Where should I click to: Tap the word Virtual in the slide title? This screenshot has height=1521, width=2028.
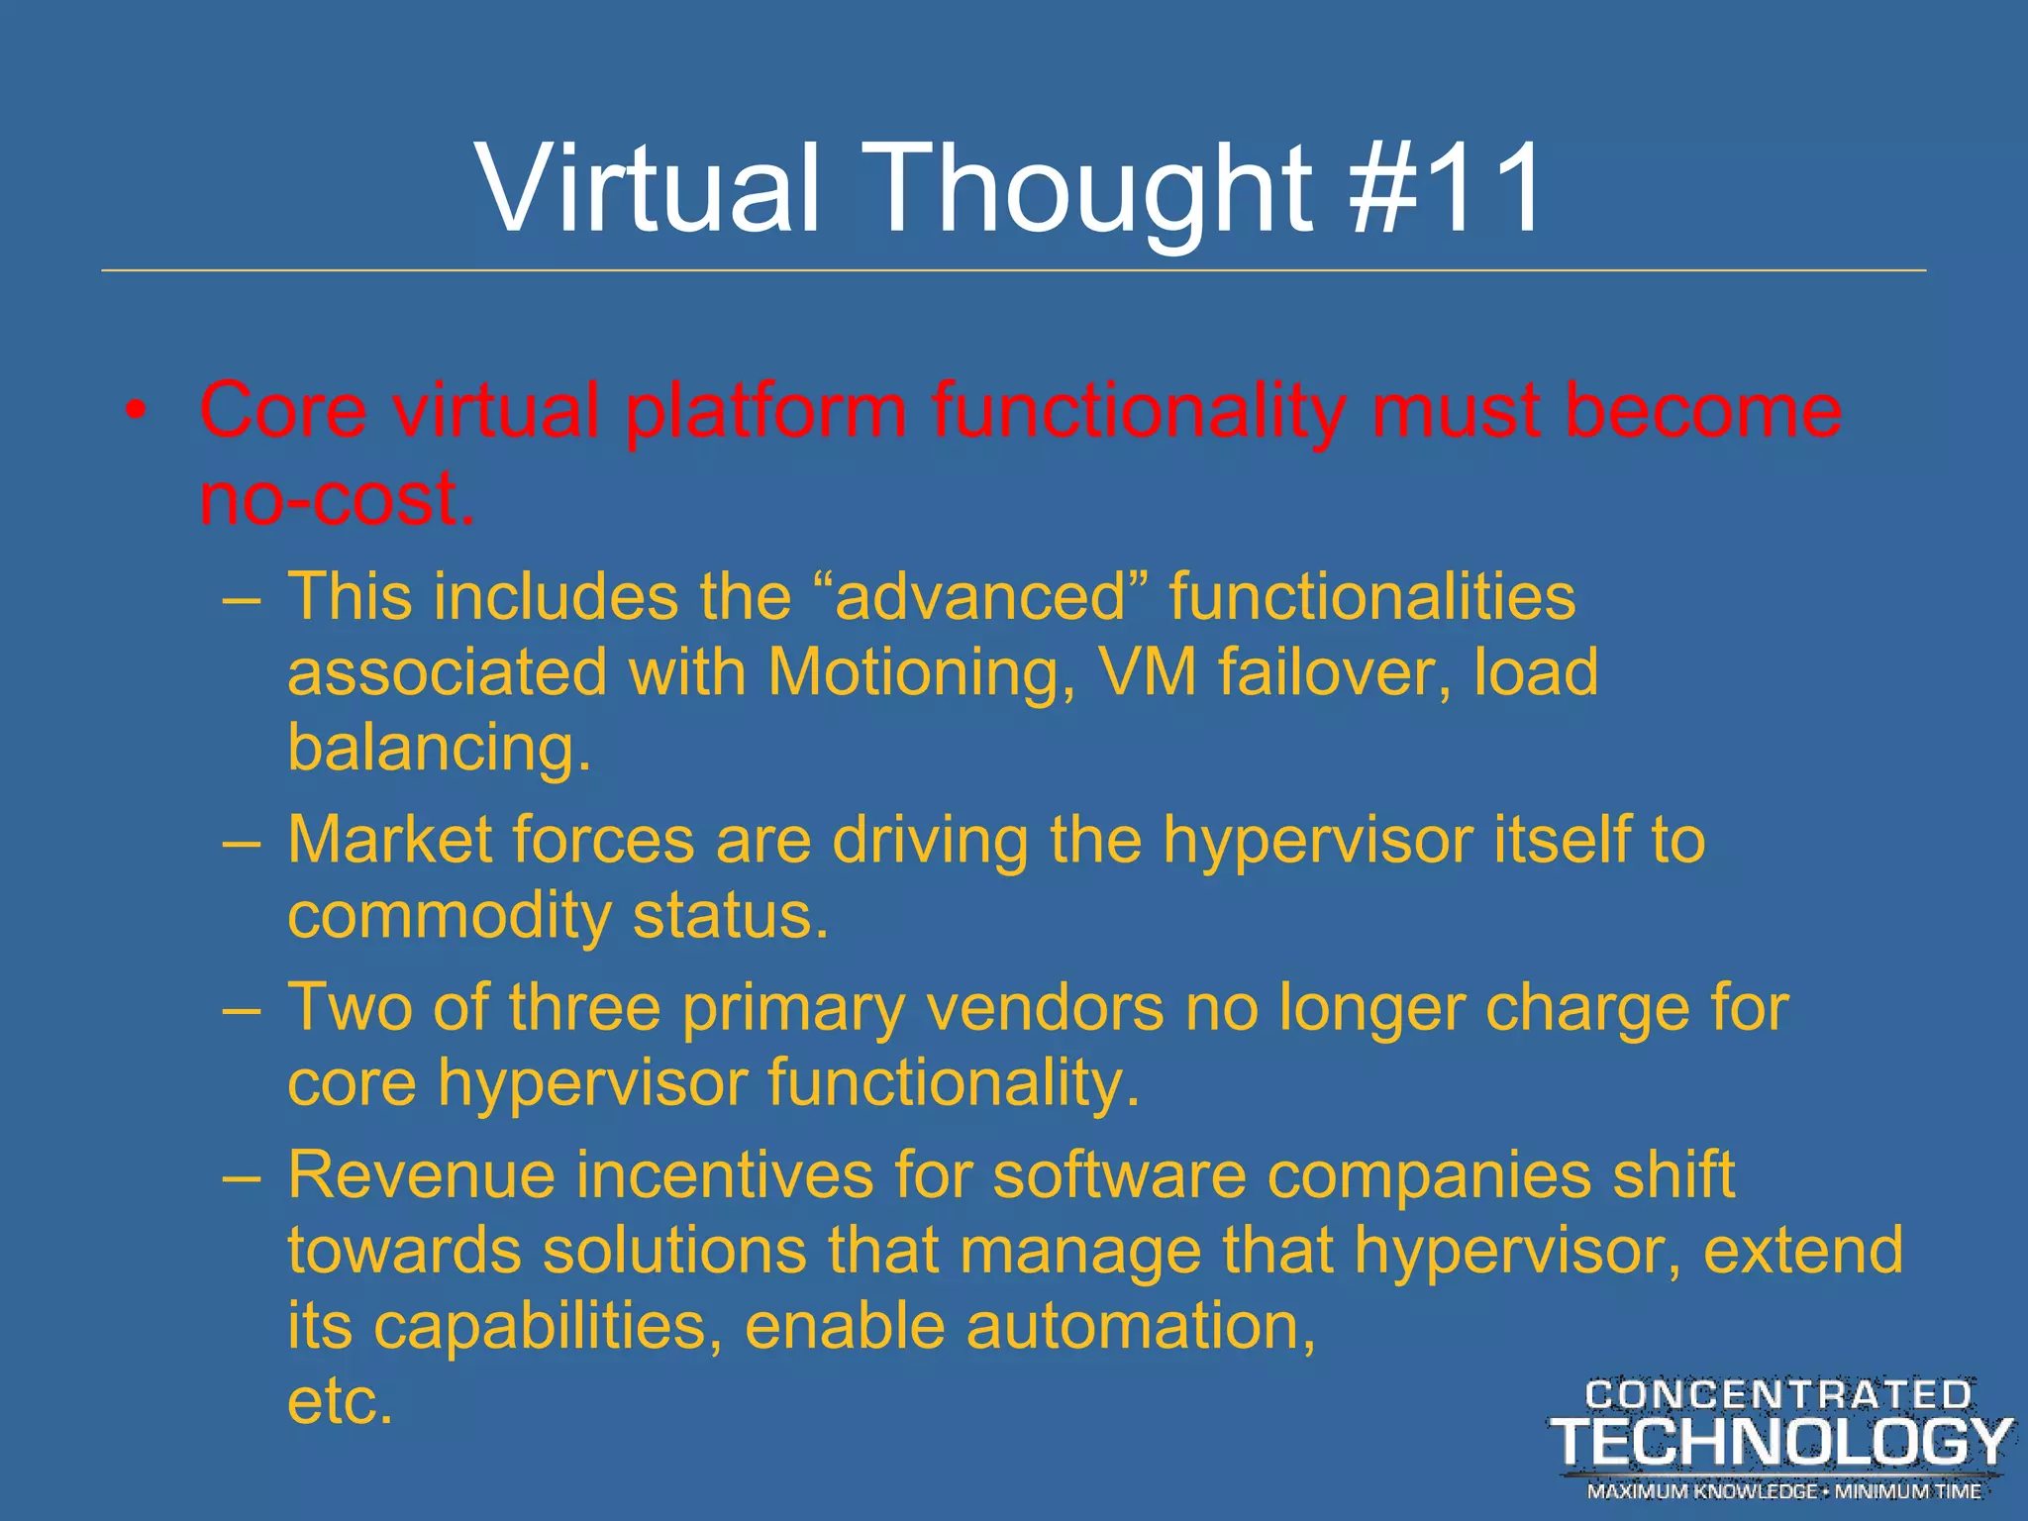click(649, 188)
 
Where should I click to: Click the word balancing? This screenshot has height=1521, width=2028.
click(439, 748)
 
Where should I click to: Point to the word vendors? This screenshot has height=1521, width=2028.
click(1046, 1008)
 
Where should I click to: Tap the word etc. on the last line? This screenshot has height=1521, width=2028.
click(340, 1401)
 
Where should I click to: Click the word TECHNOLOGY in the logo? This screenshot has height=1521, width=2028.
click(1780, 1443)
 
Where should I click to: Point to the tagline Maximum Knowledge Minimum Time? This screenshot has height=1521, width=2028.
click(1783, 1491)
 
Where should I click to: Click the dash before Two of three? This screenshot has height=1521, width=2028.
click(243, 1010)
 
